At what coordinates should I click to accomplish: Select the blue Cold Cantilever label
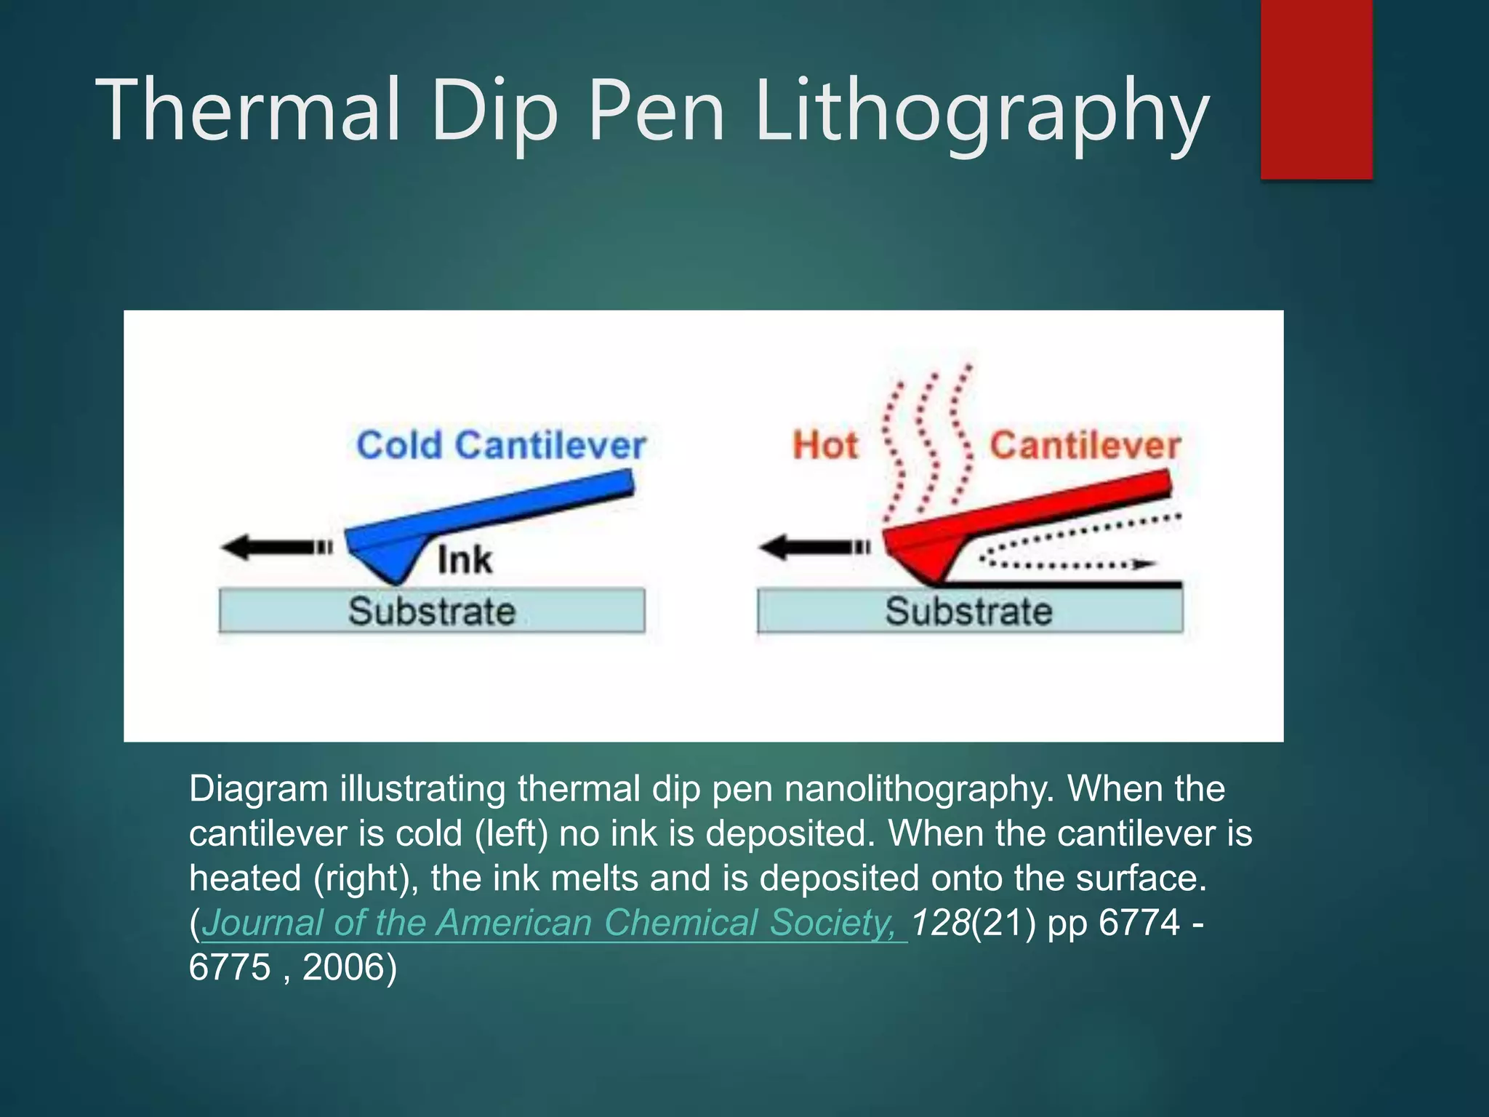point(501,445)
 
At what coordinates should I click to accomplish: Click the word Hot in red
point(825,445)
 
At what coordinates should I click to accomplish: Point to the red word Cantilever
point(1085,445)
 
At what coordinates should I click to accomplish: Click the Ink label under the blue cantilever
point(465,560)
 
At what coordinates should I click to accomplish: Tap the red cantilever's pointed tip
point(935,581)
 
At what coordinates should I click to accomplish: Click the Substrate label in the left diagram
point(432,611)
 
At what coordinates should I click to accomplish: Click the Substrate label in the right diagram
point(968,611)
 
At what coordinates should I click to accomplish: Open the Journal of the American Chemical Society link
point(553,923)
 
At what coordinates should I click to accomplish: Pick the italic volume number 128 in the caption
point(941,923)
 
